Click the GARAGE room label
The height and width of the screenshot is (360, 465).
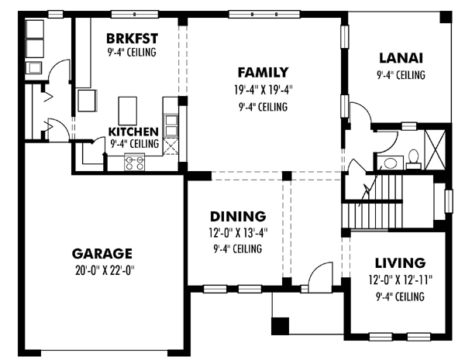coord(102,254)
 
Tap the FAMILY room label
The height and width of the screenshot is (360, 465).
coord(263,72)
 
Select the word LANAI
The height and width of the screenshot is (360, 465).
coord(401,58)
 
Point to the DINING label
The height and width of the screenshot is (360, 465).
coord(238,217)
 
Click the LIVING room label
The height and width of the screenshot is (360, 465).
coord(401,262)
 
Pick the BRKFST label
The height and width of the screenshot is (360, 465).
coord(132,39)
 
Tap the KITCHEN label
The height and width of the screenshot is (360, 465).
coord(133,132)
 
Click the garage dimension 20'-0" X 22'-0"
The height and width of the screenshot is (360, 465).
coord(105,270)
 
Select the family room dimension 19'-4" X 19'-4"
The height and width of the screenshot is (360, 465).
coord(263,90)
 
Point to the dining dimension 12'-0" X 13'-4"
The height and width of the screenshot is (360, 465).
coord(238,233)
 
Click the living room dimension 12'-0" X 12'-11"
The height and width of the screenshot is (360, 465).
coord(401,279)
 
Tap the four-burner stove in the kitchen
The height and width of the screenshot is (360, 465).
coord(135,162)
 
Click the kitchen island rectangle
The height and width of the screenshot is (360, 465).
coord(128,111)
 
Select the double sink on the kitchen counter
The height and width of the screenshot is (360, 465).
coord(171,125)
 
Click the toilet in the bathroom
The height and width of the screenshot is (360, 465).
coord(413,159)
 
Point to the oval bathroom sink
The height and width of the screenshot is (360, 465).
coord(390,163)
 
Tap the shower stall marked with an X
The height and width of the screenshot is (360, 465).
coord(435,149)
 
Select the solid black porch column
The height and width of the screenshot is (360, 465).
coord(281,326)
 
